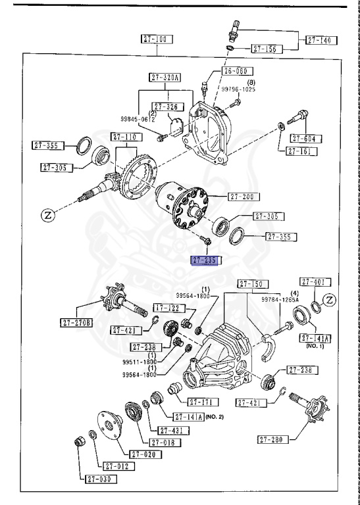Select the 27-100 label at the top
(x=157, y=39)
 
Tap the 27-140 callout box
(x=321, y=40)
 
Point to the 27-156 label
(x=267, y=48)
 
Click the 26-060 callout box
(x=236, y=70)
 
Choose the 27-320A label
(x=165, y=78)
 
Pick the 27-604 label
(x=305, y=139)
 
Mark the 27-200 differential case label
(x=243, y=197)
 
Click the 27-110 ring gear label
(x=125, y=137)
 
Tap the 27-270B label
(x=78, y=323)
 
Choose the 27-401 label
(x=315, y=282)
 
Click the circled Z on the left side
(x=47, y=214)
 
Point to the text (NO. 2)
(x=215, y=417)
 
